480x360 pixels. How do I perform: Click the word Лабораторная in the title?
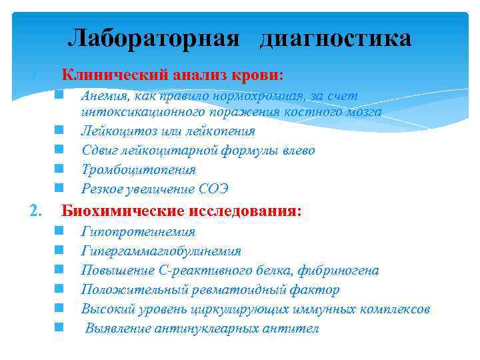click(x=153, y=38)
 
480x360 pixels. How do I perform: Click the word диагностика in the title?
click(x=335, y=38)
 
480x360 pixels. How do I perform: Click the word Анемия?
click(x=103, y=96)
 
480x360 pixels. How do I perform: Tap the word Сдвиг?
click(x=99, y=151)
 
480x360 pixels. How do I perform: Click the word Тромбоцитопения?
click(x=139, y=170)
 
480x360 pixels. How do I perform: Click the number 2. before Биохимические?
click(x=36, y=211)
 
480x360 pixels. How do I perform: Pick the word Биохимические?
click(x=125, y=211)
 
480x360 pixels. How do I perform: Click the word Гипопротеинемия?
click(x=138, y=232)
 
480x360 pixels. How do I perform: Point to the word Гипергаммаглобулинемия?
click(x=161, y=251)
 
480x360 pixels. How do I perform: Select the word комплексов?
click(x=394, y=309)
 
